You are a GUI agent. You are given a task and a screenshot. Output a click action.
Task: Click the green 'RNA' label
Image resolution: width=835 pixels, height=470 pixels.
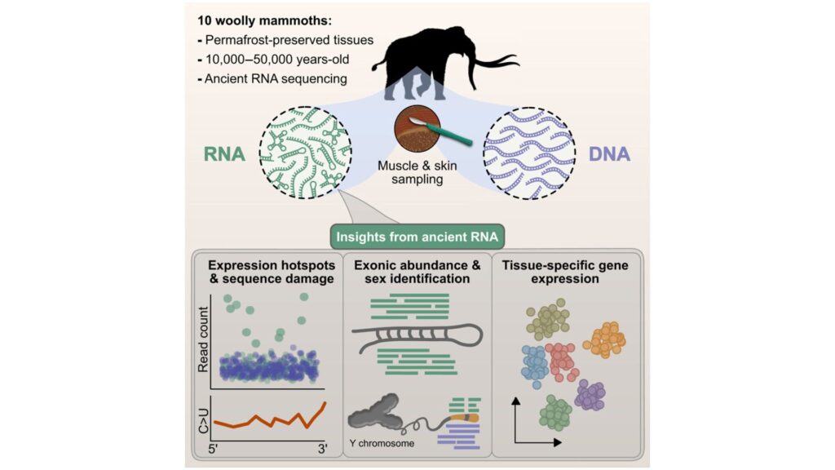coord(222,153)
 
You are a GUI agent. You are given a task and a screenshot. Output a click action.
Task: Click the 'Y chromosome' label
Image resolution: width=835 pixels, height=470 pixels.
coord(379,444)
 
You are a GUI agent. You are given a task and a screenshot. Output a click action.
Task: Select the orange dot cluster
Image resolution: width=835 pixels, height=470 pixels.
coord(604,339)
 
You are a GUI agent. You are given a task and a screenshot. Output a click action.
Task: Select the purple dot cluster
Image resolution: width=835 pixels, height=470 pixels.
coord(592,396)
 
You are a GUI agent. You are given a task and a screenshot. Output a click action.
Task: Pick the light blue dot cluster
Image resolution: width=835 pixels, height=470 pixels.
coord(534,365)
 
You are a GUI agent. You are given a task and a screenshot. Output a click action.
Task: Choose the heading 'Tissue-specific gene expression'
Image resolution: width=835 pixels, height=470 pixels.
coord(562,272)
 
